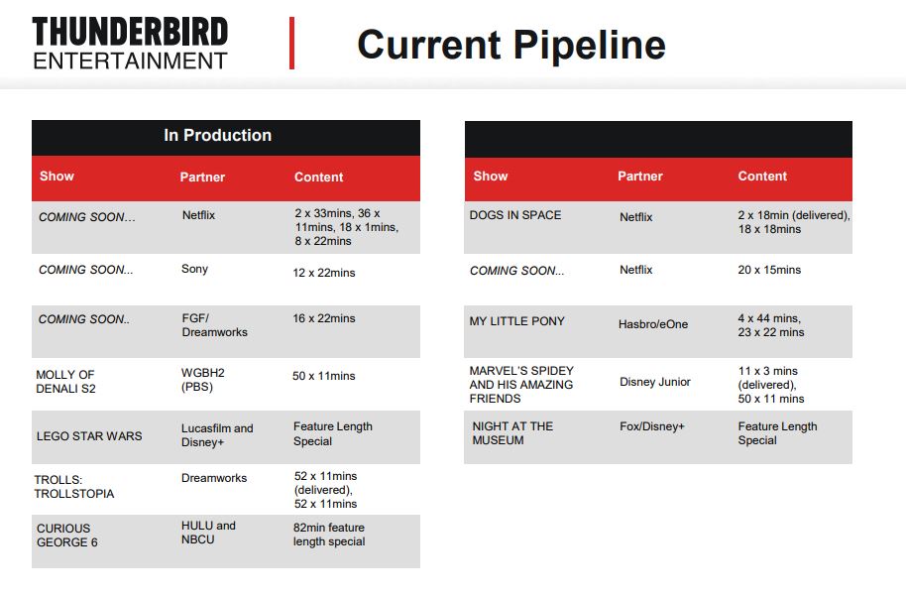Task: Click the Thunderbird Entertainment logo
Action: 130,44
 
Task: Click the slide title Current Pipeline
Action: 511,45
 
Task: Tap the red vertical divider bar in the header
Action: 291,44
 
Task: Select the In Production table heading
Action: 217,135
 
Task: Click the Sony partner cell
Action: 194,269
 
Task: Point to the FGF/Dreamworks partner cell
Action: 214,325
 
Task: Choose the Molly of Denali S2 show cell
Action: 65,382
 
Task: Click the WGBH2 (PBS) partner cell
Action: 203,380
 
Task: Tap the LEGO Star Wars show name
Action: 89,436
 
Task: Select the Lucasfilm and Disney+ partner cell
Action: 217,435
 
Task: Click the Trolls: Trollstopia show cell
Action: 74,487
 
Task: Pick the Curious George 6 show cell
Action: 67,536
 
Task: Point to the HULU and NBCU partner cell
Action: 208,533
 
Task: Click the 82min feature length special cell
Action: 329,535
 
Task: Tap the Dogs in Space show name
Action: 515,215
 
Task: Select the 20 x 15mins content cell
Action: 769,270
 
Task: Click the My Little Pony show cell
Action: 516,321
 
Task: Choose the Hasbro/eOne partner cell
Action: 653,324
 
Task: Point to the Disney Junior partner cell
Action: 654,382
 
